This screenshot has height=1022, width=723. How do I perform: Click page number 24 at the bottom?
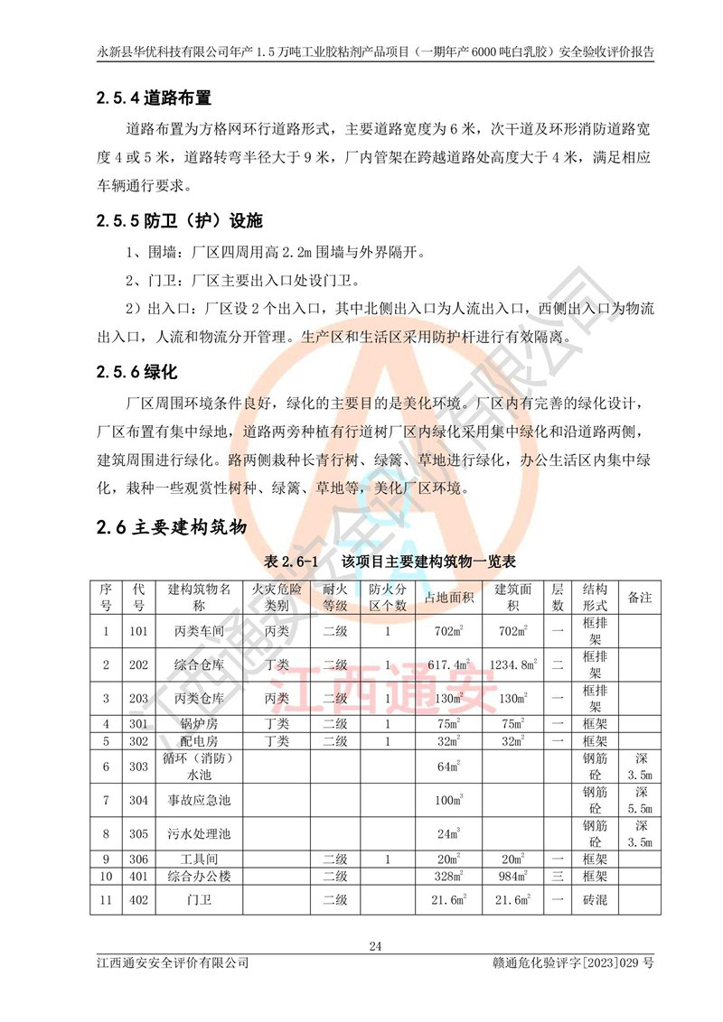(376, 946)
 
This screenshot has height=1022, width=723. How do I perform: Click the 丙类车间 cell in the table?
(199, 632)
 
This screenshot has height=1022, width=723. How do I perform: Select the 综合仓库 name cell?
(199, 665)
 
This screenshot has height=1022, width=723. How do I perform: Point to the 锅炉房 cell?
(199, 724)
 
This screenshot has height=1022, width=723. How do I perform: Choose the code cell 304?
(137, 800)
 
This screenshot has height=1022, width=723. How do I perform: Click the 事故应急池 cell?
(199, 800)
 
